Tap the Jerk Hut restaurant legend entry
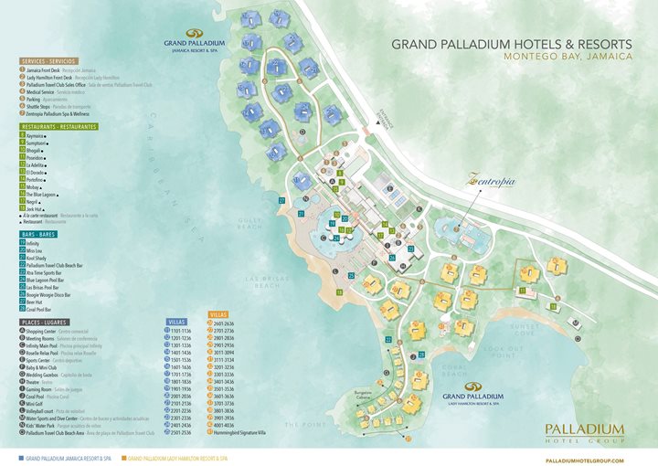pyautogui.click(x=37, y=209)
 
